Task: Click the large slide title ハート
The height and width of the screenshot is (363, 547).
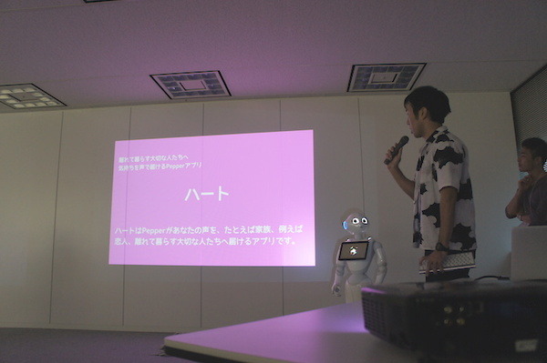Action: click(x=207, y=194)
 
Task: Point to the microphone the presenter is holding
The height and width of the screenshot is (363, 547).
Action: click(x=397, y=149)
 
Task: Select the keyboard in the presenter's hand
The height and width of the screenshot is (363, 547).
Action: click(x=448, y=261)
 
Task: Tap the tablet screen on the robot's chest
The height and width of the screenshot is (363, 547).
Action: click(x=353, y=250)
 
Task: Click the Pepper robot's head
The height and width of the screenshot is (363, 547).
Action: click(x=355, y=223)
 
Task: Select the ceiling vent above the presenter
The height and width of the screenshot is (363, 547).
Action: click(x=385, y=77)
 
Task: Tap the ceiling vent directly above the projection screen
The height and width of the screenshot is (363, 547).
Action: click(x=190, y=84)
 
